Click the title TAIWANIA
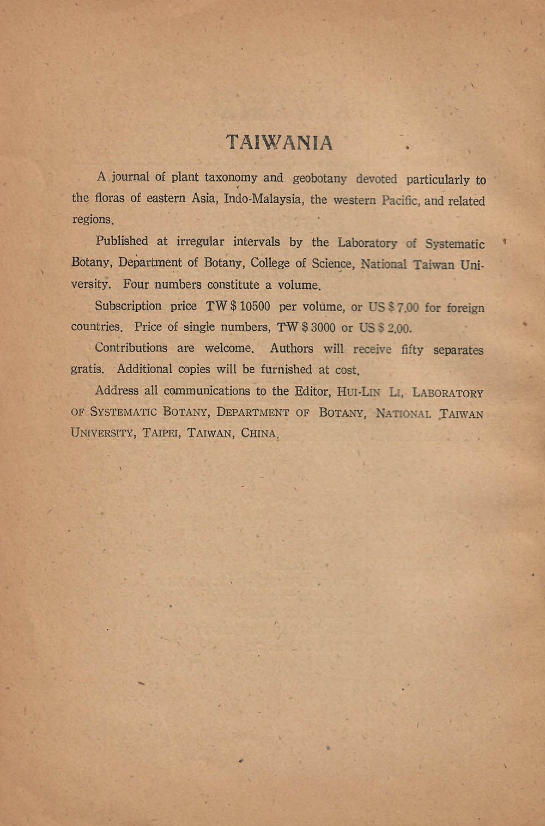pos(279,142)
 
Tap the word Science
pos(332,264)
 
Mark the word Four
pos(135,284)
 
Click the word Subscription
pos(128,306)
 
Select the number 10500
pos(255,306)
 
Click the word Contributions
pos(131,348)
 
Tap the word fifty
pos(411,350)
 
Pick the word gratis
pos(87,369)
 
